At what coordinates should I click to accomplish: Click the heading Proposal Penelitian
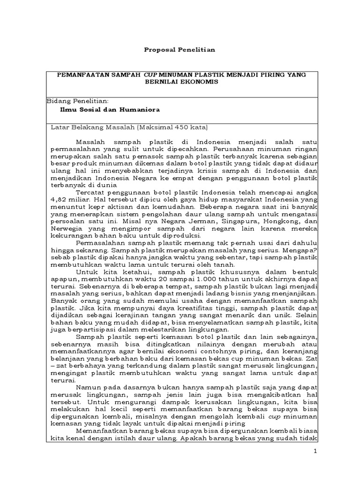(180, 50)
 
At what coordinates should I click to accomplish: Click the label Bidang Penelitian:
(78, 101)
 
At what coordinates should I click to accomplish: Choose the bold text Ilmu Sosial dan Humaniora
(110, 109)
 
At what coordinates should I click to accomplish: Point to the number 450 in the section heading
(181, 127)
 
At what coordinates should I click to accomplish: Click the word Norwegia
(66, 228)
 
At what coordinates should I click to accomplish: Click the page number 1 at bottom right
(316, 451)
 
